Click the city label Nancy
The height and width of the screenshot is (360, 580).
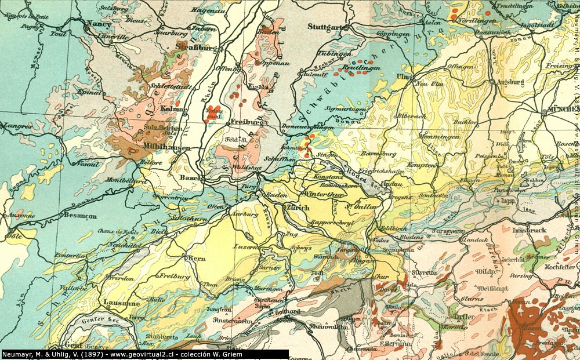98,24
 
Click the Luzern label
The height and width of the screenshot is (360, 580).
246,246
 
